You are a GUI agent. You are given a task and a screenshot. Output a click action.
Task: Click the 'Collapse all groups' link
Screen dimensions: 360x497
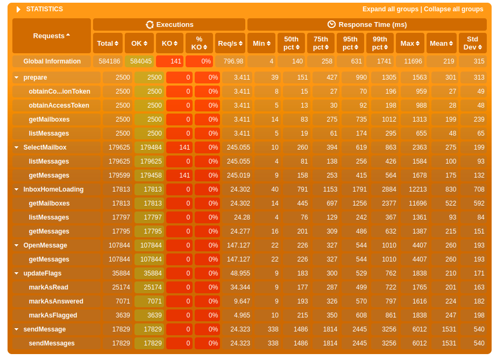tap(453, 9)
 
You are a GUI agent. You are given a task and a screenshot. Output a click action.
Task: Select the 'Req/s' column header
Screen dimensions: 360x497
tap(230, 44)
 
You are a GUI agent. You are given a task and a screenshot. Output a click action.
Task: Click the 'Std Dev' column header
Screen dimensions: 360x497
tap(472, 44)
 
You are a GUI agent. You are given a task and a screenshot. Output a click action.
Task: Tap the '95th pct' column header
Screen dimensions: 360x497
tap(350, 44)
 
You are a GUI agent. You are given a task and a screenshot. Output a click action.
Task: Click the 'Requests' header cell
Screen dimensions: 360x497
tap(51, 36)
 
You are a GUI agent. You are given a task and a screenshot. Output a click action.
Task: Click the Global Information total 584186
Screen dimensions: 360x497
tap(108, 61)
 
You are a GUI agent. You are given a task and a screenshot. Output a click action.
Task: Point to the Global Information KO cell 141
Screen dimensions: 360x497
tap(169, 61)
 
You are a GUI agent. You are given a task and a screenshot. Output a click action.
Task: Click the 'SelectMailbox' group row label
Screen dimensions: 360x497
tap(45, 147)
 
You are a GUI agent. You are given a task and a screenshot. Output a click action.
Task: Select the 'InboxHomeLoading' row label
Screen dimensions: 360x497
tap(53, 189)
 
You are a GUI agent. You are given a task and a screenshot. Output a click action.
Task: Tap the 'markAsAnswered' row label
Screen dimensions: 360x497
tap(56, 301)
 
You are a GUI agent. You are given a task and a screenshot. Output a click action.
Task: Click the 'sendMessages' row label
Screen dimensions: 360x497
tap(52, 343)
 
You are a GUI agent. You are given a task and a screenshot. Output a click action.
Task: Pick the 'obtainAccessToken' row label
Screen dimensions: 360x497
tap(59, 105)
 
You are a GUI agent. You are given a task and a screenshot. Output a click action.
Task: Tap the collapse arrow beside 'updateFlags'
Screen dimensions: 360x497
tap(17, 274)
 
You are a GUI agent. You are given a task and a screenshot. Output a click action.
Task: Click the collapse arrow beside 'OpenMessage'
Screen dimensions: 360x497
tap(17, 246)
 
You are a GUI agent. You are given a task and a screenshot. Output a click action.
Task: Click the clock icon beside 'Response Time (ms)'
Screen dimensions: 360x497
tap(331, 25)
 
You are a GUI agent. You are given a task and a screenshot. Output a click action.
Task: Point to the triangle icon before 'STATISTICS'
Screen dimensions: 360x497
tap(19, 9)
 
